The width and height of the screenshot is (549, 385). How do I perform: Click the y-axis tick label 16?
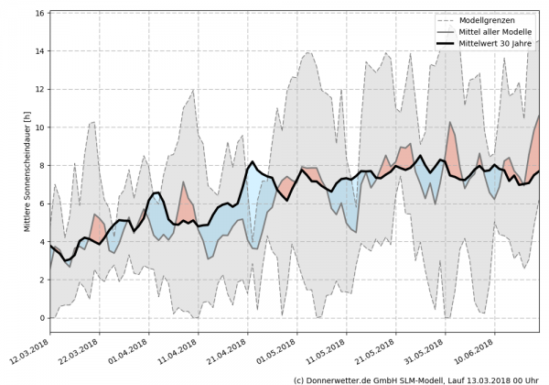(x=39, y=14)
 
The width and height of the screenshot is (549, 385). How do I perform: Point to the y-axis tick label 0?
(x=42, y=318)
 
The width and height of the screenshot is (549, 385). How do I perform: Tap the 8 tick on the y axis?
(x=42, y=166)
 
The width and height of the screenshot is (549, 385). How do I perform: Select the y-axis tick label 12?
(x=39, y=90)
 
